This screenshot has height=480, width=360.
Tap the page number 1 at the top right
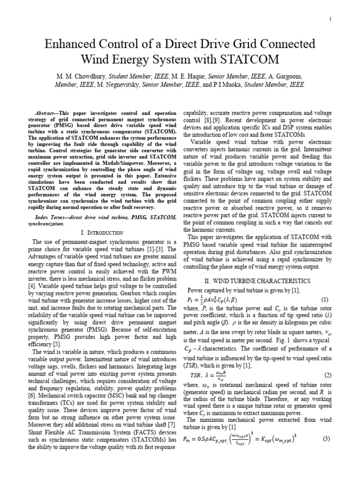point(330,19)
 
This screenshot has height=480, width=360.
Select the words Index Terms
point(50,217)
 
